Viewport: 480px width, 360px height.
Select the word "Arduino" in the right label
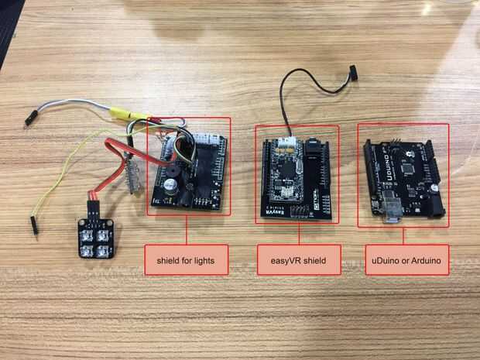pos(423,260)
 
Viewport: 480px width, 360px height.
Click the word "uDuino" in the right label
pos(382,260)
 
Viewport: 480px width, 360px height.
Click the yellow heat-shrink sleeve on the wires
pos(121,111)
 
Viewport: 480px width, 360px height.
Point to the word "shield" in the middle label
pos(317,260)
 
